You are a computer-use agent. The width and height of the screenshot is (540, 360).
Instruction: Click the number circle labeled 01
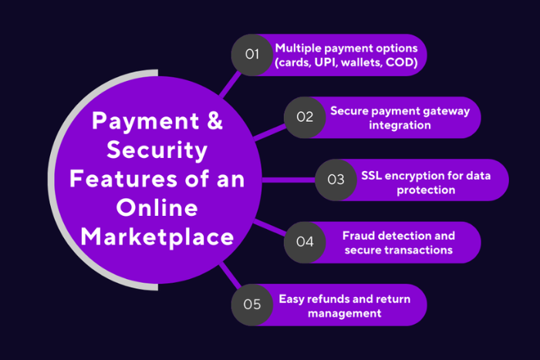252,55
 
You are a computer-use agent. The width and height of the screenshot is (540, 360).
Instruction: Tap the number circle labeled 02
305,117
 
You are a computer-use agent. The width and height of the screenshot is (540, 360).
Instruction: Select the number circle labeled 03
336,180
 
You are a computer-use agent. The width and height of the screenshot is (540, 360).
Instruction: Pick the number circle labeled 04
305,242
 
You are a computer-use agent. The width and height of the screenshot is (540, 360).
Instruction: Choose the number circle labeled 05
252,304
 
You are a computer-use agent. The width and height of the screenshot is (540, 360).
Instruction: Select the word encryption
417,174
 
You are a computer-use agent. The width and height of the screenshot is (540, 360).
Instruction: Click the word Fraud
359,235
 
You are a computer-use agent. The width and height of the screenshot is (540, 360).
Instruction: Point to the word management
344,313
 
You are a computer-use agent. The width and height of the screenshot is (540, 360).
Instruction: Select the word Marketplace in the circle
158,236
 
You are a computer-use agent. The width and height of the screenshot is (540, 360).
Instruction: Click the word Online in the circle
157,207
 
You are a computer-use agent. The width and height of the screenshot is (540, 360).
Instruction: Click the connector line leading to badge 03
289,180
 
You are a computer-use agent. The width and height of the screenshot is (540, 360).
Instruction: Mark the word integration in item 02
399,125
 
